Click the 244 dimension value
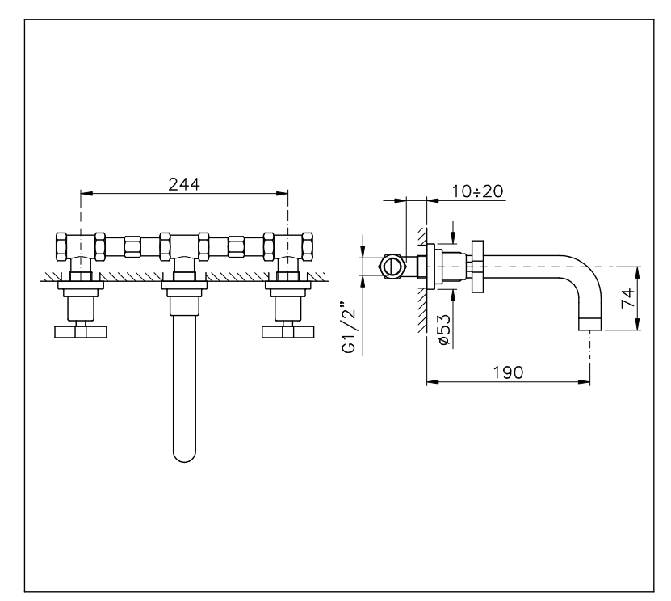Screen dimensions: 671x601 point(184,184)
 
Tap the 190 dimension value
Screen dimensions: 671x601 point(508,372)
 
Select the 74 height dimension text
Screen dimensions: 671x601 point(627,298)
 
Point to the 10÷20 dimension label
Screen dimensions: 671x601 point(477,191)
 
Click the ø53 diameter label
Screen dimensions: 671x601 point(444,330)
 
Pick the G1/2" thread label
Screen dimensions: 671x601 point(349,327)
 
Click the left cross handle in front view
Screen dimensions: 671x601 point(81,332)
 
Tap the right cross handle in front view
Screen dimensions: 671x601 point(288,332)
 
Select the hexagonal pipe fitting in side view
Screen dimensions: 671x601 point(390,267)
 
